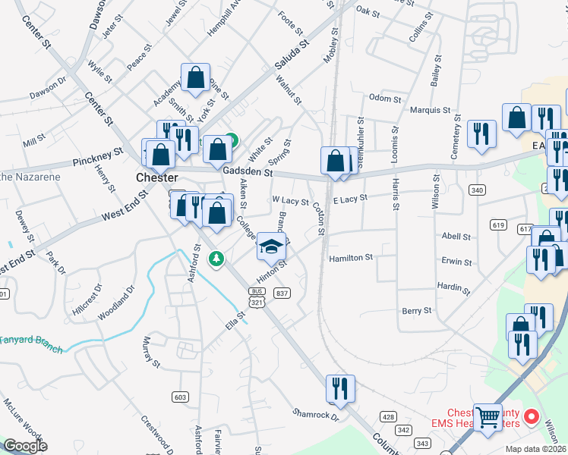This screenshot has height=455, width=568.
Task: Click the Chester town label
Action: pyautogui.click(x=156, y=177)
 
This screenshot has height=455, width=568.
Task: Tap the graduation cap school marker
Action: pyautogui.click(x=272, y=246)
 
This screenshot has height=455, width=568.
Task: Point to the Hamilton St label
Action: pyautogui.click(x=350, y=258)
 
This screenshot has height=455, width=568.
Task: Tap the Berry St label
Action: pyautogui.click(x=417, y=311)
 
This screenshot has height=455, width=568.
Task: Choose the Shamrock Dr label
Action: pyautogui.click(x=314, y=414)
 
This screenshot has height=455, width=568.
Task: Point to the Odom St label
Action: pyautogui.click(x=384, y=99)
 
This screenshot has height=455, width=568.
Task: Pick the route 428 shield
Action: pyautogui.click(x=389, y=417)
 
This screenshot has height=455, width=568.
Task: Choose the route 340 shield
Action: pyautogui.click(x=477, y=189)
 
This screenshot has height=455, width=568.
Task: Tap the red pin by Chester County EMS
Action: pyautogui.click(x=532, y=416)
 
